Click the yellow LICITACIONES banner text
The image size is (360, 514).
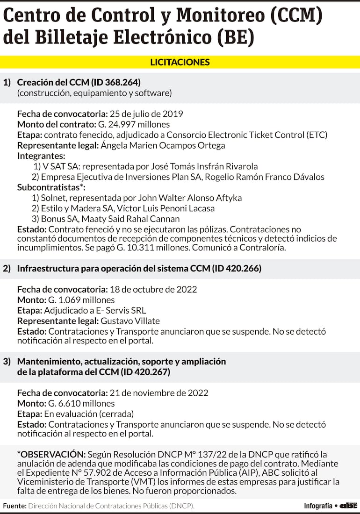[x=180, y=62]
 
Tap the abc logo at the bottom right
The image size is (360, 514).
[x=348, y=506]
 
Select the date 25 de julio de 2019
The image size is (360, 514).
[x=146, y=114]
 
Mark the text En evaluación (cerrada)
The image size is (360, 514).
[x=89, y=414]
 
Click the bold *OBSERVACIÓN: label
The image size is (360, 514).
[x=51, y=455]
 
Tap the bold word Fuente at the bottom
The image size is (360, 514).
[x=14, y=506]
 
